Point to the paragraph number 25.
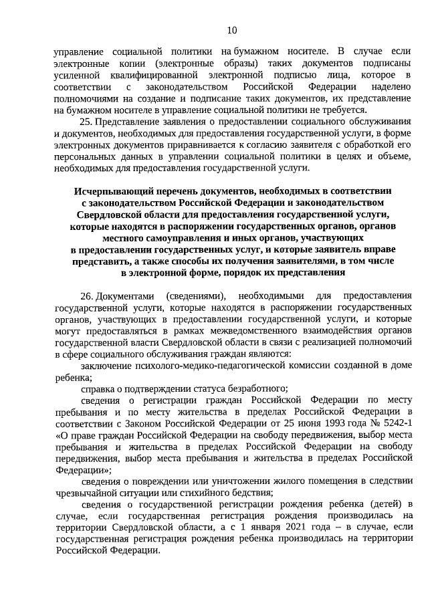(x=85, y=122)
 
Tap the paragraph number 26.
(x=85, y=295)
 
